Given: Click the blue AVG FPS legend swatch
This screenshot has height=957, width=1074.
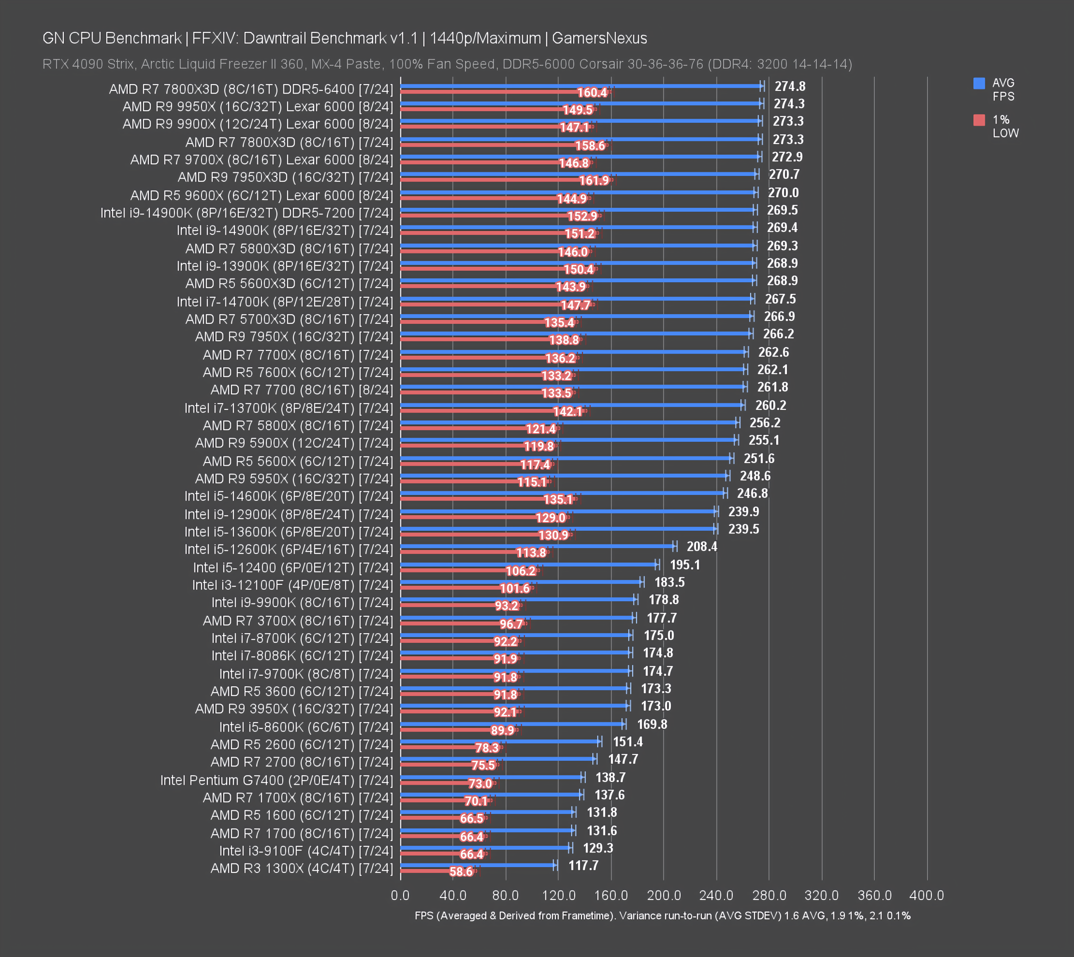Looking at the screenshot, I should click(978, 83).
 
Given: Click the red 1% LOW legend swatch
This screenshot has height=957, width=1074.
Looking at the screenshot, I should click(978, 120).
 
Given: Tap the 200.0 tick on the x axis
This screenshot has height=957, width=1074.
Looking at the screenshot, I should click(663, 895).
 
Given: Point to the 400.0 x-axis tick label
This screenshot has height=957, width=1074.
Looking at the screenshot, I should click(926, 895).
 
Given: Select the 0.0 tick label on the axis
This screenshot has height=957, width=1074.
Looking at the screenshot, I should click(400, 895).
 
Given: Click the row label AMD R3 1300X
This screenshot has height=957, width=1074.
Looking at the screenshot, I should click(301, 868).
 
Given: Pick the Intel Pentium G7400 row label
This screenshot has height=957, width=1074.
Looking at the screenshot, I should click(276, 780).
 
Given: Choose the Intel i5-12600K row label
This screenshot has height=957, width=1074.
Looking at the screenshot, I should click(288, 549).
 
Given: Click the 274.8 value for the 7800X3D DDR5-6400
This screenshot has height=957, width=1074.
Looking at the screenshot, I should click(790, 86).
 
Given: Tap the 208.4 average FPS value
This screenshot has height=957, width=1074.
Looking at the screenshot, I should click(701, 546).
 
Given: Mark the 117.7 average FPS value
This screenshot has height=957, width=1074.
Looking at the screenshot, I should click(583, 865).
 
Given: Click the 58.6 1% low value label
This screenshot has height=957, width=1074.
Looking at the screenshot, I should click(461, 872).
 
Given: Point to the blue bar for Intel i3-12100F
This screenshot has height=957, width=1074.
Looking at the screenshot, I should click(521, 582).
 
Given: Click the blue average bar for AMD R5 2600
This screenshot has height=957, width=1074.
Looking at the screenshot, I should click(499, 741).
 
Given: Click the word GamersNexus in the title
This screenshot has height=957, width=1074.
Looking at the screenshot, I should click(599, 39).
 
